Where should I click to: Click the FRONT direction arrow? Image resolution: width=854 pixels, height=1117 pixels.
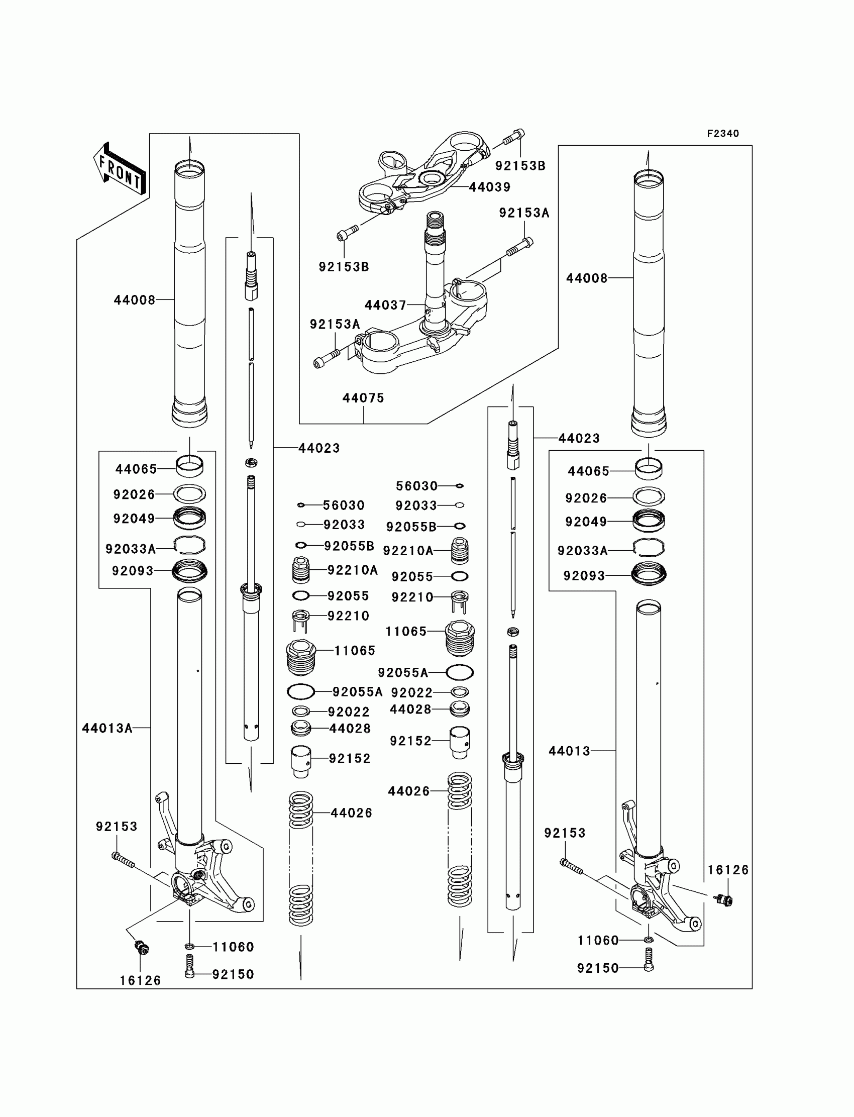click(120, 169)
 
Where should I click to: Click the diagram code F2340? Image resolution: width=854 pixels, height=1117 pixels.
click(722, 134)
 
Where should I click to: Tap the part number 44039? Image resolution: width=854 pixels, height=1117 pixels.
click(489, 187)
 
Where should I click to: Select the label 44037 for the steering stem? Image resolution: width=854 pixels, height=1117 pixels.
click(385, 305)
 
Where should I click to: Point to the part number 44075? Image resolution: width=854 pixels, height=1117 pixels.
click(363, 398)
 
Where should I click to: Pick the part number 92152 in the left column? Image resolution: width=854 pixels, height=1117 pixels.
click(349, 759)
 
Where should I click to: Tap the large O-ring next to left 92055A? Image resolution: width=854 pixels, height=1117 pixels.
click(301, 692)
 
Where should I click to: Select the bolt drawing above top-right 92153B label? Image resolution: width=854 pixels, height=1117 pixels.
click(514, 138)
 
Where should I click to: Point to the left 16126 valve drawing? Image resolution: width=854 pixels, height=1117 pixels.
click(141, 948)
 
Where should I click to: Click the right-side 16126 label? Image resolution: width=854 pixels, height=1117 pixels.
click(727, 870)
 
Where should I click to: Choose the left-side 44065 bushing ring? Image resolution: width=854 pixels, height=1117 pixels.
click(189, 466)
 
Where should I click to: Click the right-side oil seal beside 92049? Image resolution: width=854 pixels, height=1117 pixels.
click(649, 521)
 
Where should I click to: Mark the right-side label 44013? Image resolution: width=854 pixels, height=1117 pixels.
click(569, 751)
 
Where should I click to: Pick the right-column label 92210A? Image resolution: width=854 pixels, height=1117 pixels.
click(408, 551)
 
